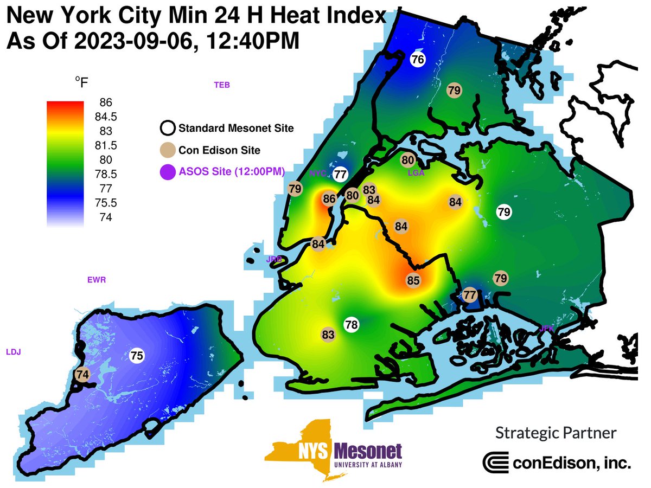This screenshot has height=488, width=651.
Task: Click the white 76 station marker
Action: pos(417,60)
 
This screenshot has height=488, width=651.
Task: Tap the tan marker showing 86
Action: pos(329,199)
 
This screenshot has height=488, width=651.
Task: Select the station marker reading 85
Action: pos(413,281)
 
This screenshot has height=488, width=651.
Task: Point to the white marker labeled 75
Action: pos(137,356)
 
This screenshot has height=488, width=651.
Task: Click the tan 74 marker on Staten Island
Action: pos(83,374)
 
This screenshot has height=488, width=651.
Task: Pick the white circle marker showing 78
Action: pos(352,325)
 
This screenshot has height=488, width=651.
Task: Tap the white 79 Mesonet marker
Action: pos(504,212)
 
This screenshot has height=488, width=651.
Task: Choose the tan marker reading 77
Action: pos(470,296)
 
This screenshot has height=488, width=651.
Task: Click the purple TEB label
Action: pos(222,85)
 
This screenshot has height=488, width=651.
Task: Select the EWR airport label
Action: pos(96,280)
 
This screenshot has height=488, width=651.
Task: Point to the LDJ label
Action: pos(13,352)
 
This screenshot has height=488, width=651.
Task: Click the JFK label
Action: pos(546,328)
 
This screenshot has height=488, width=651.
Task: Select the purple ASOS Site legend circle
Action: pos(168,172)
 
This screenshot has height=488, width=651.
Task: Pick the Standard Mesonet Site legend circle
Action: pos(168,129)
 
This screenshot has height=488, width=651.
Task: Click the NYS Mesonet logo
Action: pos(334,451)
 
